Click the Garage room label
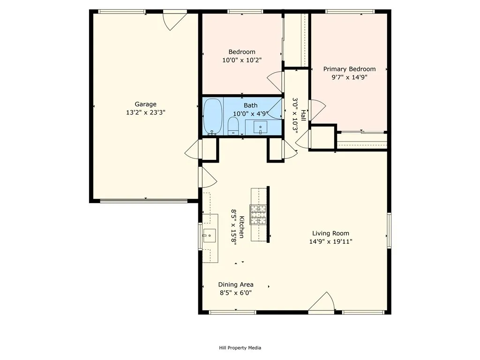coord(145,104)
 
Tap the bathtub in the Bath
coord(213,116)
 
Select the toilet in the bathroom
coord(233,126)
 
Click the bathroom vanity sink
coord(260,127)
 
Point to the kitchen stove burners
coord(258,215)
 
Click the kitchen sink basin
coord(210,236)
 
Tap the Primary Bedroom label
coord(349,69)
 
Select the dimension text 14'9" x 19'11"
coord(330,241)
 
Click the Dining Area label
coord(236,285)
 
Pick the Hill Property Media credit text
coord(240,348)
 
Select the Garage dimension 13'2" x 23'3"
coord(145,112)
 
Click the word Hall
coord(303,115)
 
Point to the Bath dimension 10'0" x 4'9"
coord(251,114)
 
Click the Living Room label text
coord(330,233)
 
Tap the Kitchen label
coord(241,227)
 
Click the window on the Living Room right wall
coord(389,230)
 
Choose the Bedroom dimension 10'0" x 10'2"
coord(242,60)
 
